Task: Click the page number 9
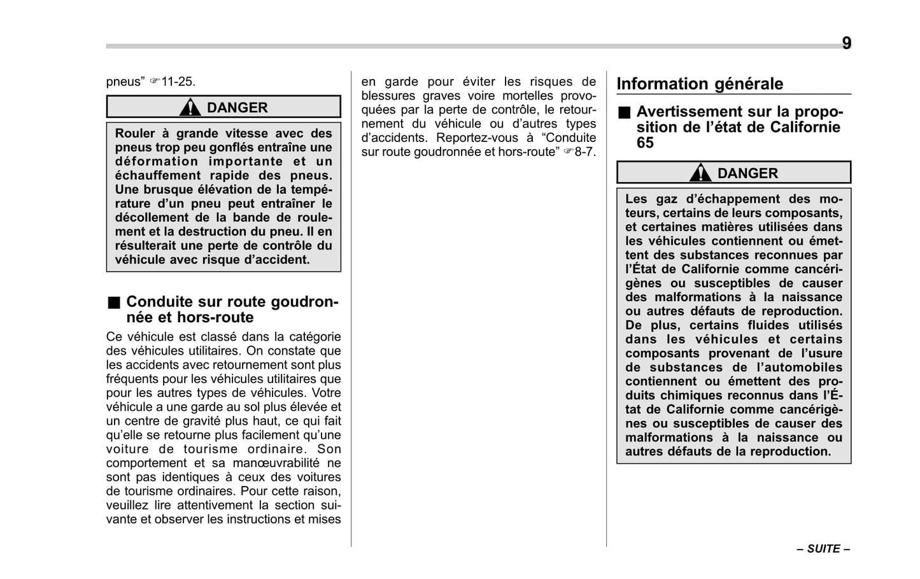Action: [846, 43]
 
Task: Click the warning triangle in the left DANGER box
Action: [190, 108]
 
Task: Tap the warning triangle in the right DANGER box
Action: [700, 173]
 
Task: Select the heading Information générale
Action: [700, 84]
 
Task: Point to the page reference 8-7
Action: [585, 152]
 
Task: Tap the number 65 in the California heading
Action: [645, 143]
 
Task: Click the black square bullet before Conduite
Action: [113, 301]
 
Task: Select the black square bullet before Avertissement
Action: [624, 113]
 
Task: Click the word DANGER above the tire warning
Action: [237, 108]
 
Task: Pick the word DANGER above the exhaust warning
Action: [747, 173]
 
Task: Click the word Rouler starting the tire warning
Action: [135, 133]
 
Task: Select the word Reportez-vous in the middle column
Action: [468, 138]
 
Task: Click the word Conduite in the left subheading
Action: [159, 301]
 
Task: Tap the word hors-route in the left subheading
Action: [215, 317]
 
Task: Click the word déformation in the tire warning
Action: [157, 161]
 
